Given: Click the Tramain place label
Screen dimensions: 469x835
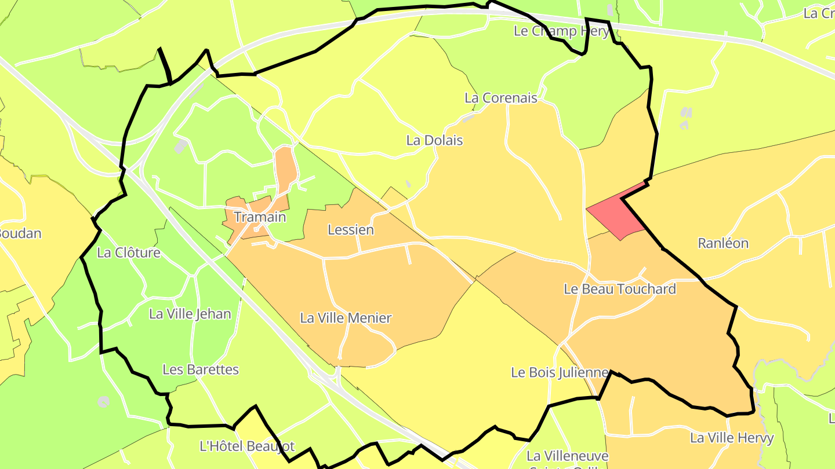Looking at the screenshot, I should point(260,217).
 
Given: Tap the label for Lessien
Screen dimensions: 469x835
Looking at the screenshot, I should point(351,230).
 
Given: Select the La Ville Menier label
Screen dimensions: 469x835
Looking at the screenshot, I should point(346,318).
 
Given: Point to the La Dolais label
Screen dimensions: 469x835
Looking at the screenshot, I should point(434,140).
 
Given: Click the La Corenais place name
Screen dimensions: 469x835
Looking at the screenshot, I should point(501,98).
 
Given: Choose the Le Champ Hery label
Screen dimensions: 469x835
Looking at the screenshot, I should point(561,31).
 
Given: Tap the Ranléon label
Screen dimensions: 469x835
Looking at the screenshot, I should point(723,243).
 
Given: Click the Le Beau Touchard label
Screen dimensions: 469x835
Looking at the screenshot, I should point(620,289).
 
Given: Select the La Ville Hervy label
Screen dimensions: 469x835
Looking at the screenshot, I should point(732,438).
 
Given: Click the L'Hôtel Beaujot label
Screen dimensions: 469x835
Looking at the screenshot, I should point(247,446).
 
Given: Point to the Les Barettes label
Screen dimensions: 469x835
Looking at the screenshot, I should point(201,369).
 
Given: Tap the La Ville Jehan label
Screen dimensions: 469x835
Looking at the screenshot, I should point(190,314).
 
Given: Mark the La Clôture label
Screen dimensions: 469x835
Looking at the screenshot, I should point(129,253).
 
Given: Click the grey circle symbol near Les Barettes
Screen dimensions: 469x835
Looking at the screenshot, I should point(104,401).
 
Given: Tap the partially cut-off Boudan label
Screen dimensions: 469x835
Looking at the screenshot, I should point(20,234).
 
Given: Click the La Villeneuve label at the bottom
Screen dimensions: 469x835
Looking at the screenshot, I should point(567,456).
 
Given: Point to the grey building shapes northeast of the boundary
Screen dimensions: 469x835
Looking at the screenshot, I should point(686,118).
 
